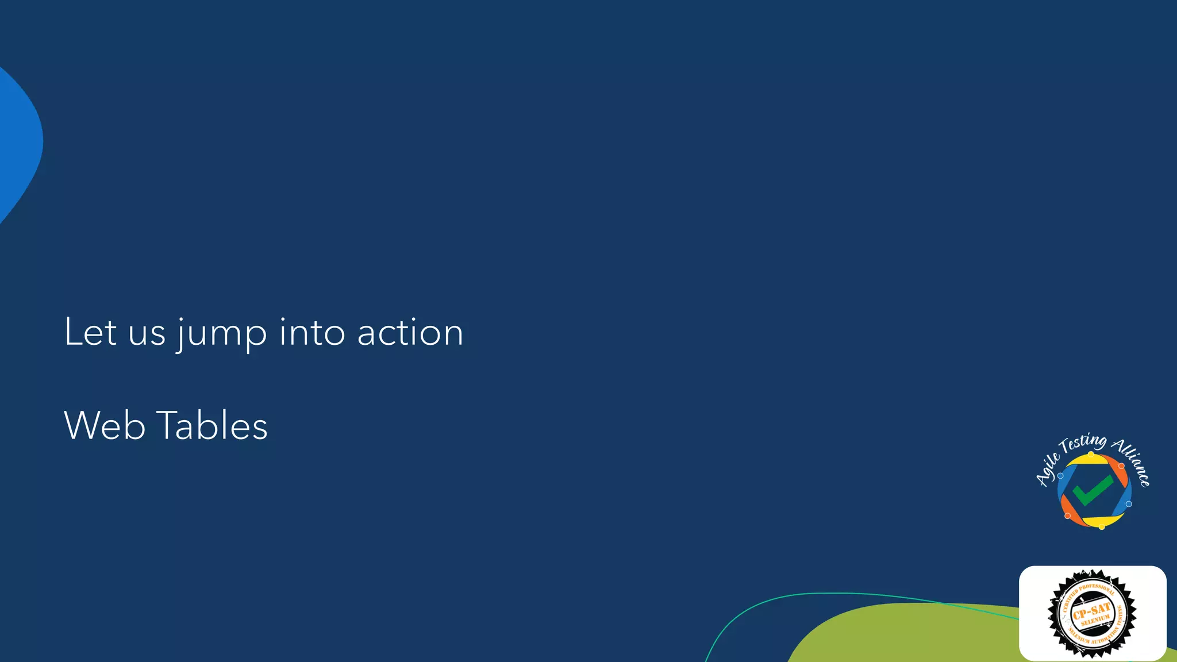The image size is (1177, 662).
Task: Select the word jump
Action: (x=222, y=334)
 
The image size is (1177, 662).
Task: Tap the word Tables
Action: (x=212, y=426)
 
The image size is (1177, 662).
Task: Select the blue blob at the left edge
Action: (x=17, y=144)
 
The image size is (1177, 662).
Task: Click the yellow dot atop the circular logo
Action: (x=1091, y=454)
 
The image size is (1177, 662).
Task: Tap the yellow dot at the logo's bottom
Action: (x=1102, y=526)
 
